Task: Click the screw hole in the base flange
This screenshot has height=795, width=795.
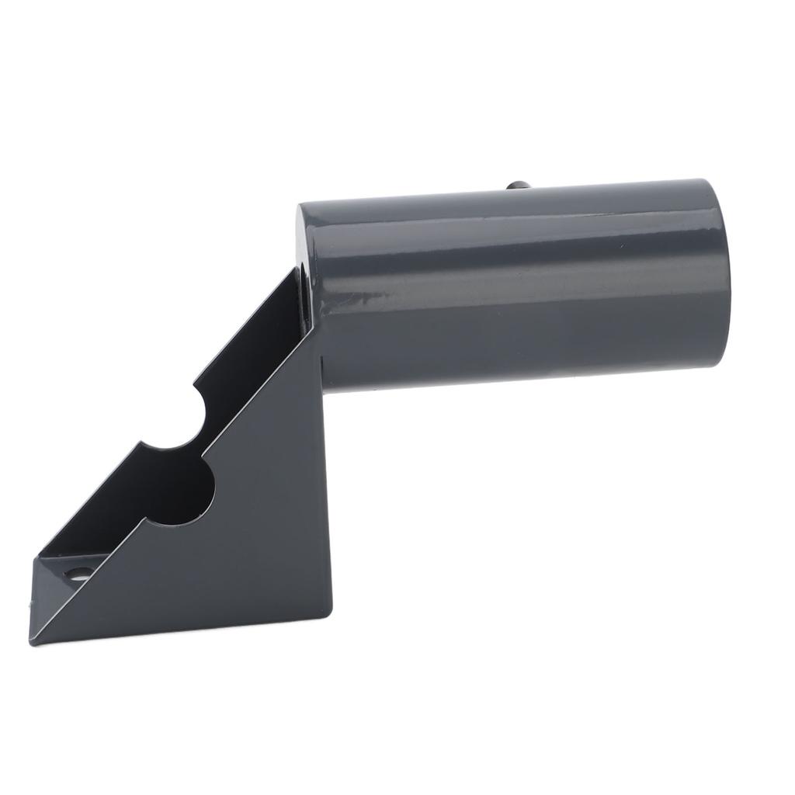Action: coord(76,575)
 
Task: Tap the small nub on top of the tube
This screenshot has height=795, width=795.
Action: coord(518,186)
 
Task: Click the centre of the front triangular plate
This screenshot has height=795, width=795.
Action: coord(248,536)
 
